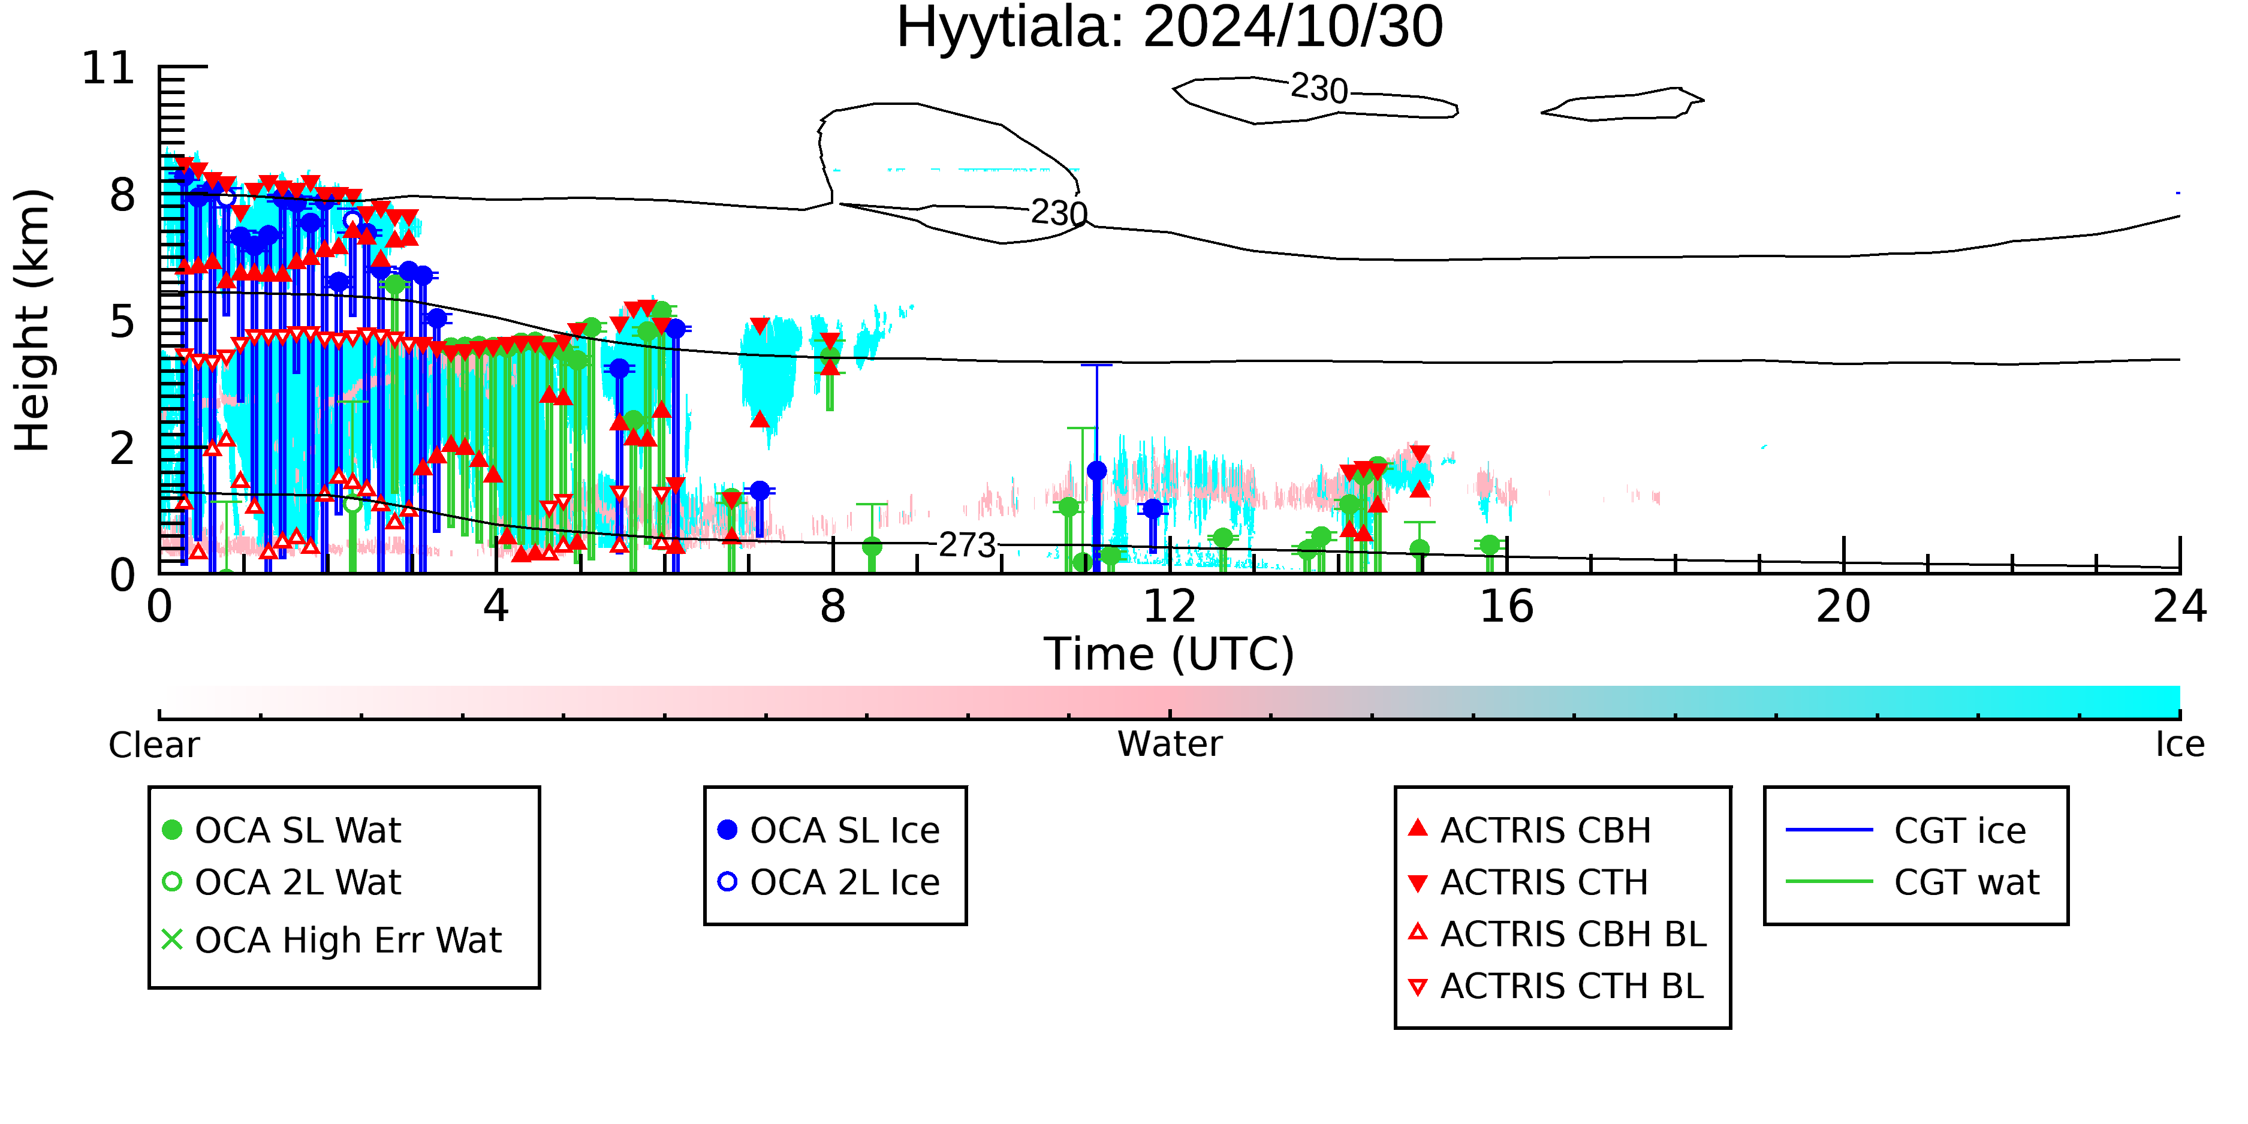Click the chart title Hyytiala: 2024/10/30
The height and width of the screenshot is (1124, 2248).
(x=1170, y=28)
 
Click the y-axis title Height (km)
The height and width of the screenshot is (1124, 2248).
(x=32, y=320)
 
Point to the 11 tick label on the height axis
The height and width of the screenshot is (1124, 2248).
(x=109, y=68)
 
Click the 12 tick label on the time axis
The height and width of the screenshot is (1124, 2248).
(x=1170, y=607)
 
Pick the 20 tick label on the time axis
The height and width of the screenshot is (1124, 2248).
(x=1843, y=607)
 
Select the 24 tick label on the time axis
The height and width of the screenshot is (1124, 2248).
(x=2180, y=607)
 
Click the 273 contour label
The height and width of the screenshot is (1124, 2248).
(x=967, y=546)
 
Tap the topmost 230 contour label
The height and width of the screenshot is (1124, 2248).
(x=1319, y=88)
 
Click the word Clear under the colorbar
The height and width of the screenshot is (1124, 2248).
(x=153, y=745)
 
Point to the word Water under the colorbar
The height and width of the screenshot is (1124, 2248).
(x=1170, y=745)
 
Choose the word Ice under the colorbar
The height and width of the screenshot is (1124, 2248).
(x=2180, y=745)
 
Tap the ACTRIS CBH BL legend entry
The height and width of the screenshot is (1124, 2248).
(x=1558, y=934)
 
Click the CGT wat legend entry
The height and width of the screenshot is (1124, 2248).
(x=1913, y=882)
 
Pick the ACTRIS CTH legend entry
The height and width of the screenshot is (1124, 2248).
(x=1528, y=882)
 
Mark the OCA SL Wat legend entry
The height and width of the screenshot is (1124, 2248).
(x=282, y=830)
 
